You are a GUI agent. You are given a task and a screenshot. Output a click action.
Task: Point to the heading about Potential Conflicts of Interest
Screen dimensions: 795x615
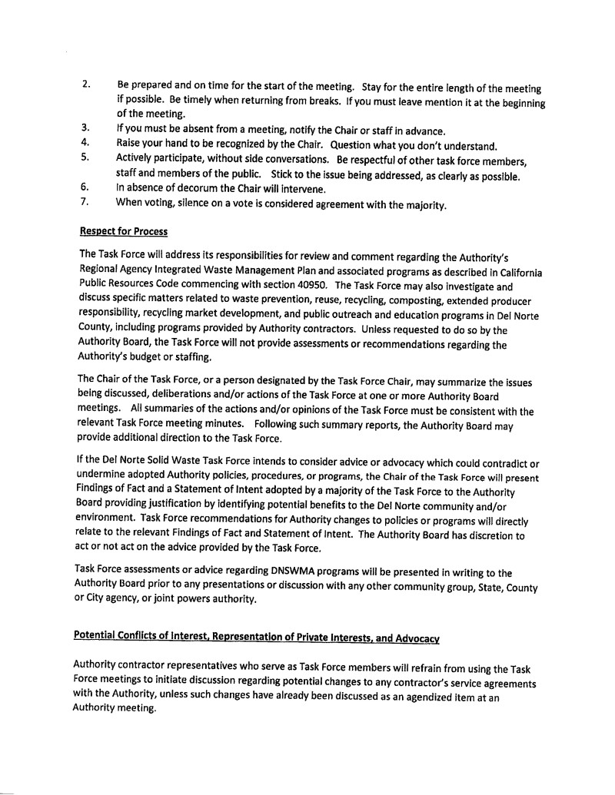[x=256, y=635]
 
